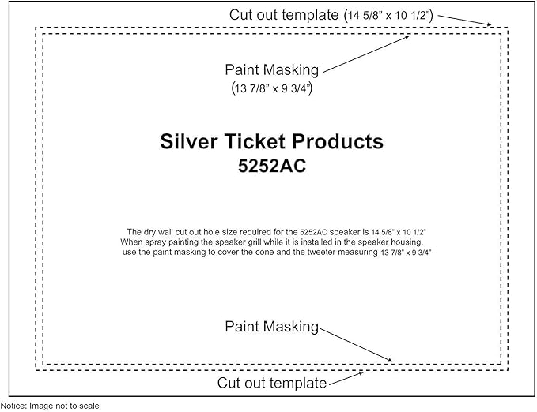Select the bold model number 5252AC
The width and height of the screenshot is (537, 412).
click(272, 167)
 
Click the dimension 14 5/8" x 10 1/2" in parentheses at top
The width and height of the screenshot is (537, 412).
click(388, 15)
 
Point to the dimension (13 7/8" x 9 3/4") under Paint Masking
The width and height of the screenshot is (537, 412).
click(272, 88)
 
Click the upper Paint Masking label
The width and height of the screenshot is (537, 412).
click(271, 69)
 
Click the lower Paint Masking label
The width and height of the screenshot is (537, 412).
click(271, 327)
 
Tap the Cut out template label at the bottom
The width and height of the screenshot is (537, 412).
click(272, 383)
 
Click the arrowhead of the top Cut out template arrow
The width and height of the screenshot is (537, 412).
click(491, 24)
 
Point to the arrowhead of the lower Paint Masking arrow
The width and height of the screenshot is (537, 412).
click(391, 360)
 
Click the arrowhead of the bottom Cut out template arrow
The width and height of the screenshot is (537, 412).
click(362, 373)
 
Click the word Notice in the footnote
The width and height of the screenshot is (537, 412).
click(13, 406)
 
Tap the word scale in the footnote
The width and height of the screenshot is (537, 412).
click(89, 406)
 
